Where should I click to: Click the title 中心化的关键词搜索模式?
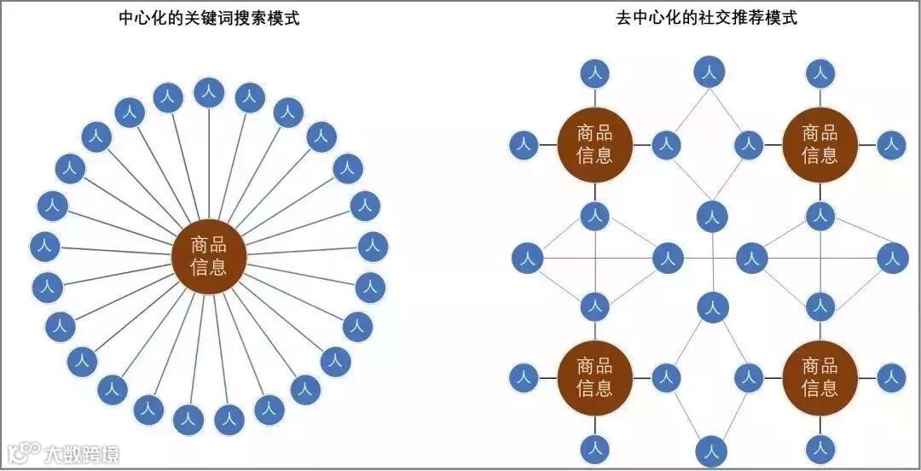209,18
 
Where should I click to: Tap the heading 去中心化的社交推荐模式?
707,18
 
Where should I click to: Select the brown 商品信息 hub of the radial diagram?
209,256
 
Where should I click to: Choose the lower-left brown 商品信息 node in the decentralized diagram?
594,377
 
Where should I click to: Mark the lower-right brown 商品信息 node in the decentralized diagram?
820,377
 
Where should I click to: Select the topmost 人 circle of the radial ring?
209,92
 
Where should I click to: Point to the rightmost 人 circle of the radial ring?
373,247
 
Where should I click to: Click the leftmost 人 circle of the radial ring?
44,247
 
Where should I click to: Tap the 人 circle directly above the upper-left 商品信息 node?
594,73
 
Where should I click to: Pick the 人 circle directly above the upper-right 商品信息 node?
820,73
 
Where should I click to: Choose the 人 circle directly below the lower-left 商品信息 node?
594,447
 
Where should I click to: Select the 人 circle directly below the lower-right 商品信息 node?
820,447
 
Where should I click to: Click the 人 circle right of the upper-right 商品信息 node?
890,144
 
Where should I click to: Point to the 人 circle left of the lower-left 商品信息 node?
524,377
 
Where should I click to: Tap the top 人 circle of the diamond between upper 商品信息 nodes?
708,73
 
